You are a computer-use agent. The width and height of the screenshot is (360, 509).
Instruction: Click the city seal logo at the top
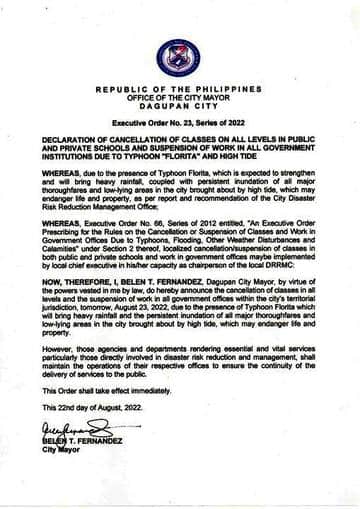click(x=179, y=57)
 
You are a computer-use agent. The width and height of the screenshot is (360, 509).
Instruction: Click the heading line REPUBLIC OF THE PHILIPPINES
click(x=179, y=89)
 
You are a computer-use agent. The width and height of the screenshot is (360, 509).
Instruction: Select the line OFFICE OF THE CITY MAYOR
click(x=179, y=97)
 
